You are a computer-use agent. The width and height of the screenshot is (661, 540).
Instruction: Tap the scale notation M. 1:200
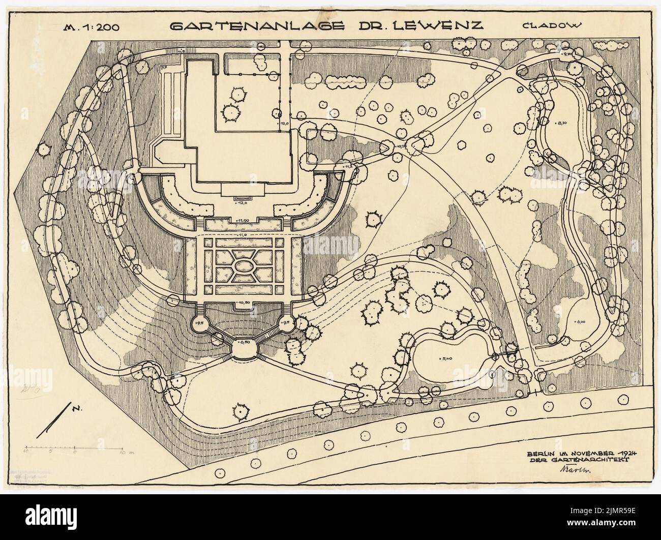95,28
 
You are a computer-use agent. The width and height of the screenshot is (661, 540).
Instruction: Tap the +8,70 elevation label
562,124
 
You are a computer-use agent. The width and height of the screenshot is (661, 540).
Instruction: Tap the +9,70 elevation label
567,53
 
